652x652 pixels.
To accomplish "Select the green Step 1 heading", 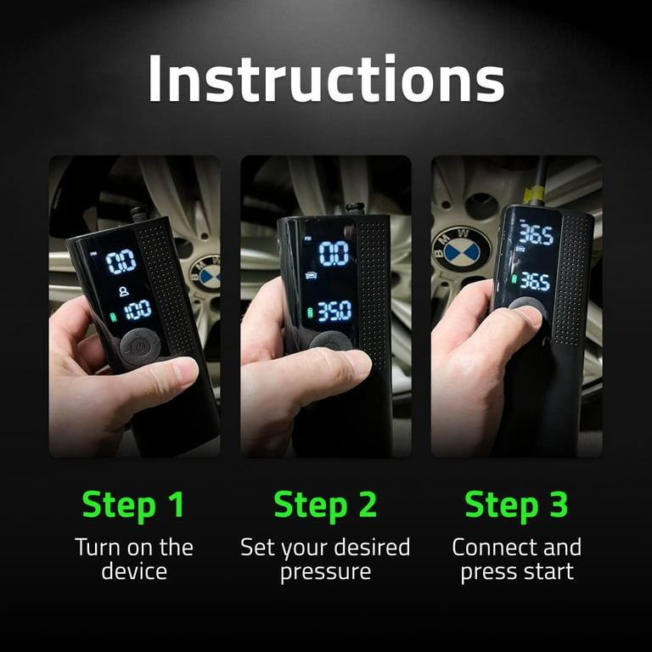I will click(x=133, y=504).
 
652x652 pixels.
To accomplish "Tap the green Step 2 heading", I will click(x=325, y=504).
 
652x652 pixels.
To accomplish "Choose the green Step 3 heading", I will click(x=516, y=504).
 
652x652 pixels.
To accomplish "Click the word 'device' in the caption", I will click(x=133, y=570).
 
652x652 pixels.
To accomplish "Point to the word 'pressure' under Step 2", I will click(x=325, y=570).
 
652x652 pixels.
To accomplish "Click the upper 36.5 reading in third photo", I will click(x=536, y=235).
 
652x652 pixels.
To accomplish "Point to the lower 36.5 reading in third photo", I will click(x=534, y=281).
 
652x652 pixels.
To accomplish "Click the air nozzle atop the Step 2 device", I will click(x=355, y=208).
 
